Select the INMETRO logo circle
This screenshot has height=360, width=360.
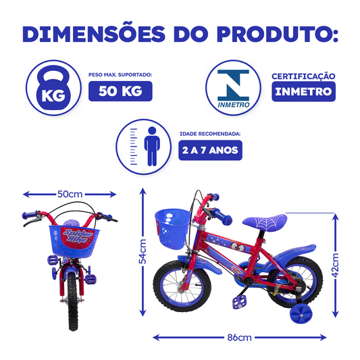pos(230,87)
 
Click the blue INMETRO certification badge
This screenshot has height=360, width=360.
pos(303,91)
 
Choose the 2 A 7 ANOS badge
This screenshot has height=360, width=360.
pos(209,150)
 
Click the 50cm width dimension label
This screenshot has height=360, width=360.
pos(70,194)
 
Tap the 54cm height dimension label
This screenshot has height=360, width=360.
pos(143,251)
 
